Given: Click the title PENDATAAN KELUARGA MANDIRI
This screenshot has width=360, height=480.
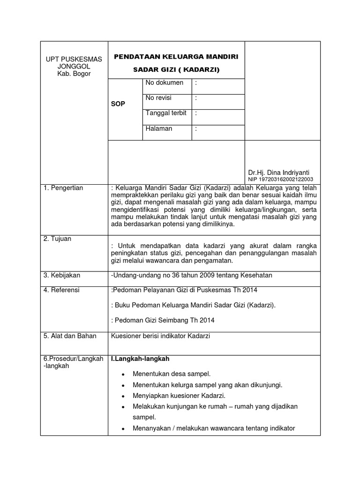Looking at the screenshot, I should [176, 57].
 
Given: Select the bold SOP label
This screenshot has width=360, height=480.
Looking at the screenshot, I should [118, 104].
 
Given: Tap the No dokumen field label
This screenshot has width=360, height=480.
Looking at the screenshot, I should [165, 83].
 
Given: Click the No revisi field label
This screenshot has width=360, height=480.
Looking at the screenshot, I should [159, 98].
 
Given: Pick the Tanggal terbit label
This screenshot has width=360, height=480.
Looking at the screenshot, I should [166, 113].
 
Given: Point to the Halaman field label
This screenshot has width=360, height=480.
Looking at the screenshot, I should [159, 128].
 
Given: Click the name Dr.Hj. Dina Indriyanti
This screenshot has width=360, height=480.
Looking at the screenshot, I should [278, 172].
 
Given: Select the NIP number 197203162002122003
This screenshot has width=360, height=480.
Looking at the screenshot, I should [281, 180].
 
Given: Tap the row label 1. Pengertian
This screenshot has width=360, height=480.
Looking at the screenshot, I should [63, 188].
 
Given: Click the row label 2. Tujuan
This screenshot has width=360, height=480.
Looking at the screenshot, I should [57, 239].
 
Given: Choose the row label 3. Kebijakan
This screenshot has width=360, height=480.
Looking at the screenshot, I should [62, 275].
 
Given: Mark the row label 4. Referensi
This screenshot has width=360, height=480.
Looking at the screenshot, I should [61, 290].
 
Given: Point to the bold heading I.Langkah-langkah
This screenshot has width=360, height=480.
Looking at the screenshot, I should [140, 359].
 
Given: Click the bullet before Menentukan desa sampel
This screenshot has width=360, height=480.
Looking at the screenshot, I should [122, 375].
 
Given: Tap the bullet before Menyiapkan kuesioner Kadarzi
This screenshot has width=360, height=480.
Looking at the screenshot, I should [122, 396].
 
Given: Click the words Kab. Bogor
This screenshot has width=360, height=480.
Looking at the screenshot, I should [74, 74].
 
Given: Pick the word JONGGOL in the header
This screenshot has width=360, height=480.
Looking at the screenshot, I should [74, 67].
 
